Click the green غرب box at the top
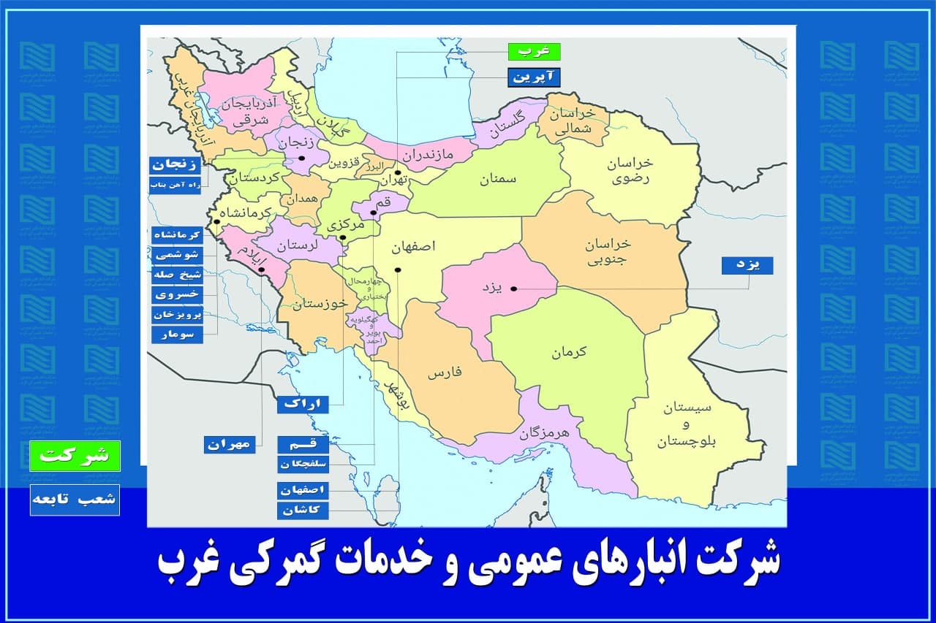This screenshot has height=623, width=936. coord(534,52)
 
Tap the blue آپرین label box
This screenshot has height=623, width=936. coord(534,77)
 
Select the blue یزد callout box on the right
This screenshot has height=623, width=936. coord(747,266)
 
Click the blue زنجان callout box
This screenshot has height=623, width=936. coord(175,166)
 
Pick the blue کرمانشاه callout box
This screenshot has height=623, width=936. coord(176,234)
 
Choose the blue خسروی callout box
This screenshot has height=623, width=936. coord(176,294)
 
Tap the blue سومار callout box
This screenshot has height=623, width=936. coord(176,335)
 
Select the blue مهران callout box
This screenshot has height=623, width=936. coord(229,444)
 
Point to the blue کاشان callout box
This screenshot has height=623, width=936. coord(303,510)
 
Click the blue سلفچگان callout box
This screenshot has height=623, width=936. coord(303,464)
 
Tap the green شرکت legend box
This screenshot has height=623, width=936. coord(75,456)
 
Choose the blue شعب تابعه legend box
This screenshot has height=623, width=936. coord(75,500)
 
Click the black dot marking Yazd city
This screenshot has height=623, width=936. coord(513,288)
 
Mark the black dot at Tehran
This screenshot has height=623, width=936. coord(397,174)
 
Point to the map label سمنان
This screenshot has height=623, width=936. coord(498,180)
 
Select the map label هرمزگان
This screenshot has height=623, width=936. coord(544,432)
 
